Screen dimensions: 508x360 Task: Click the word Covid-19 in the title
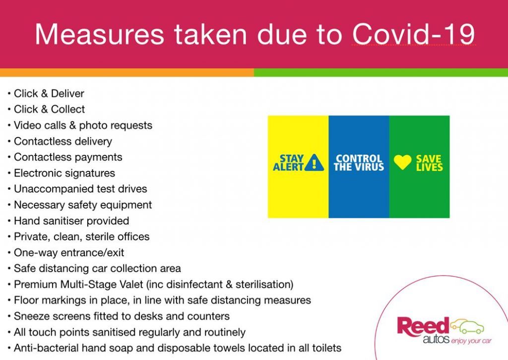(413, 34)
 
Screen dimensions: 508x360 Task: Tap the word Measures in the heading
(99, 34)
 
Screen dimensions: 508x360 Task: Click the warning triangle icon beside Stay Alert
(314, 162)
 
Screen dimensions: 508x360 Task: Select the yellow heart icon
(402, 162)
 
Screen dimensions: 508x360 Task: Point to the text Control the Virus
(359, 163)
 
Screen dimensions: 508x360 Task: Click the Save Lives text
(429, 163)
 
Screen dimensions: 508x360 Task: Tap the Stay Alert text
(288, 163)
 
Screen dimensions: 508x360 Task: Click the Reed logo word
(423, 326)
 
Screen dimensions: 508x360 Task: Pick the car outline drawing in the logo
(467, 326)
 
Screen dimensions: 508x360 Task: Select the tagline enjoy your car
(471, 341)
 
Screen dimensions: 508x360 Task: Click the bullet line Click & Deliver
(49, 93)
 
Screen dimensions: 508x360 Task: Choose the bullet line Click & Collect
(49, 109)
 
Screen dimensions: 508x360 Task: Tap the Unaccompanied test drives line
(80, 189)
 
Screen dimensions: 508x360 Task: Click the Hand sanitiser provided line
(71, 221)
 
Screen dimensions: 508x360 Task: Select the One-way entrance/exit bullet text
(69, 253)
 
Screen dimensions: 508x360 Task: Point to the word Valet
(131, 285)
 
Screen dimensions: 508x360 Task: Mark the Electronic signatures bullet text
(64, 173)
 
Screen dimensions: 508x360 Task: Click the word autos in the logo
(436, 340)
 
